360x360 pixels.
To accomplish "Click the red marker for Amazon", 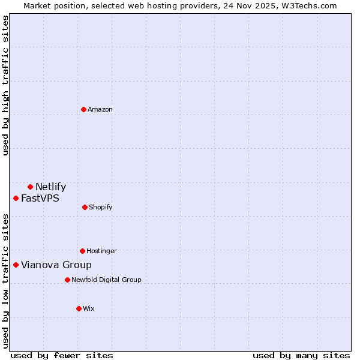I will click(83, 109).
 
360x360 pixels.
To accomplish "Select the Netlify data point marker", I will click(30, 187).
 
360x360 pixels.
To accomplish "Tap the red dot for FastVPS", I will click(16, 198).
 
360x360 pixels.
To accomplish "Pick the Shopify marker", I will click(85, 207).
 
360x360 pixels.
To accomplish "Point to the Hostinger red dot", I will click(82, 251).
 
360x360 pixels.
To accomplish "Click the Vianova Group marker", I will click(16, 265).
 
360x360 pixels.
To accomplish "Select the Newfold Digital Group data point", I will click(67, 280).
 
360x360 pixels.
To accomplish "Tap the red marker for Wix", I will click(79, 308).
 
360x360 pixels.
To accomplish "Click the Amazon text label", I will click(100, 109).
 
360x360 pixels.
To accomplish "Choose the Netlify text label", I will click(50, 187).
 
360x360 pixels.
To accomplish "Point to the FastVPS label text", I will click(40, 198).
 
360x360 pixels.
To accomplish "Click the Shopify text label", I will click(101, 207).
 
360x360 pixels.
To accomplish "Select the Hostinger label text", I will click(101, 251).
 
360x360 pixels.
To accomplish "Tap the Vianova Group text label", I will click(56, 265).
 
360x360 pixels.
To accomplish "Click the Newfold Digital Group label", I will click(106, 280).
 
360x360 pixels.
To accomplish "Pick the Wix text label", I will click(89, 308).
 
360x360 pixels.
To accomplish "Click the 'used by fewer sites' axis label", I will click(62, 355).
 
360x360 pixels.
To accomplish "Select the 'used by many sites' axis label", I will click(301, 355).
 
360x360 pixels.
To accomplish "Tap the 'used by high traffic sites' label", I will click(6, 85).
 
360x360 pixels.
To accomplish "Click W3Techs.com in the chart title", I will click(308, 5).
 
